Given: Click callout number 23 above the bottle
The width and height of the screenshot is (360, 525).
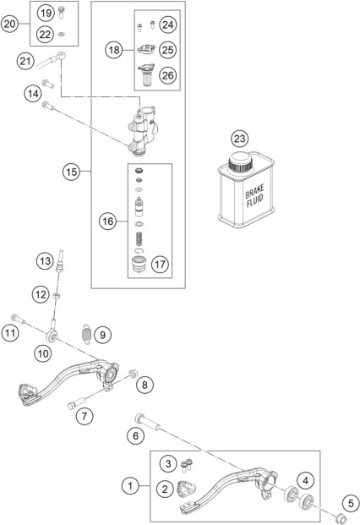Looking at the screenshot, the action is (239, 139).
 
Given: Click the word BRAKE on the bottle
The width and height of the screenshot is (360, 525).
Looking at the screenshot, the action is (254, 191).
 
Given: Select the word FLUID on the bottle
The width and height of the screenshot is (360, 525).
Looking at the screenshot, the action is (255, 201).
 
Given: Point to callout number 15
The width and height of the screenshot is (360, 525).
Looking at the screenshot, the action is (71, 172).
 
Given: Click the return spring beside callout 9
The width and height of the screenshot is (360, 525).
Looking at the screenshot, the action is (87, 334).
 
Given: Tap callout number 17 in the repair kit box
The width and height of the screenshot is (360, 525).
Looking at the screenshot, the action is (160, 265).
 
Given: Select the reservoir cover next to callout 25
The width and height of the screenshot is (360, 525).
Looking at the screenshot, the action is (146, 50).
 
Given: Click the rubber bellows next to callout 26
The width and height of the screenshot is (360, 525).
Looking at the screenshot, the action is (146, 74).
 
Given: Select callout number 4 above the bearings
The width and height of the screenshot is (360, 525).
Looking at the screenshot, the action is (305, 481).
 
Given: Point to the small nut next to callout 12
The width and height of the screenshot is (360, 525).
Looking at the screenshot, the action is (57, 295).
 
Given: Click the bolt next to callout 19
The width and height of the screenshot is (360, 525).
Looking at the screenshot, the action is (61, 13).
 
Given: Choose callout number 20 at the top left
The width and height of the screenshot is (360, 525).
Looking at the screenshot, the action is (9, 24).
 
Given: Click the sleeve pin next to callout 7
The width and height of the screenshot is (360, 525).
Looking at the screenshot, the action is (77, 402).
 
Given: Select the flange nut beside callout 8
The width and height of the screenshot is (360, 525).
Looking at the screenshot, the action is (134, 373).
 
